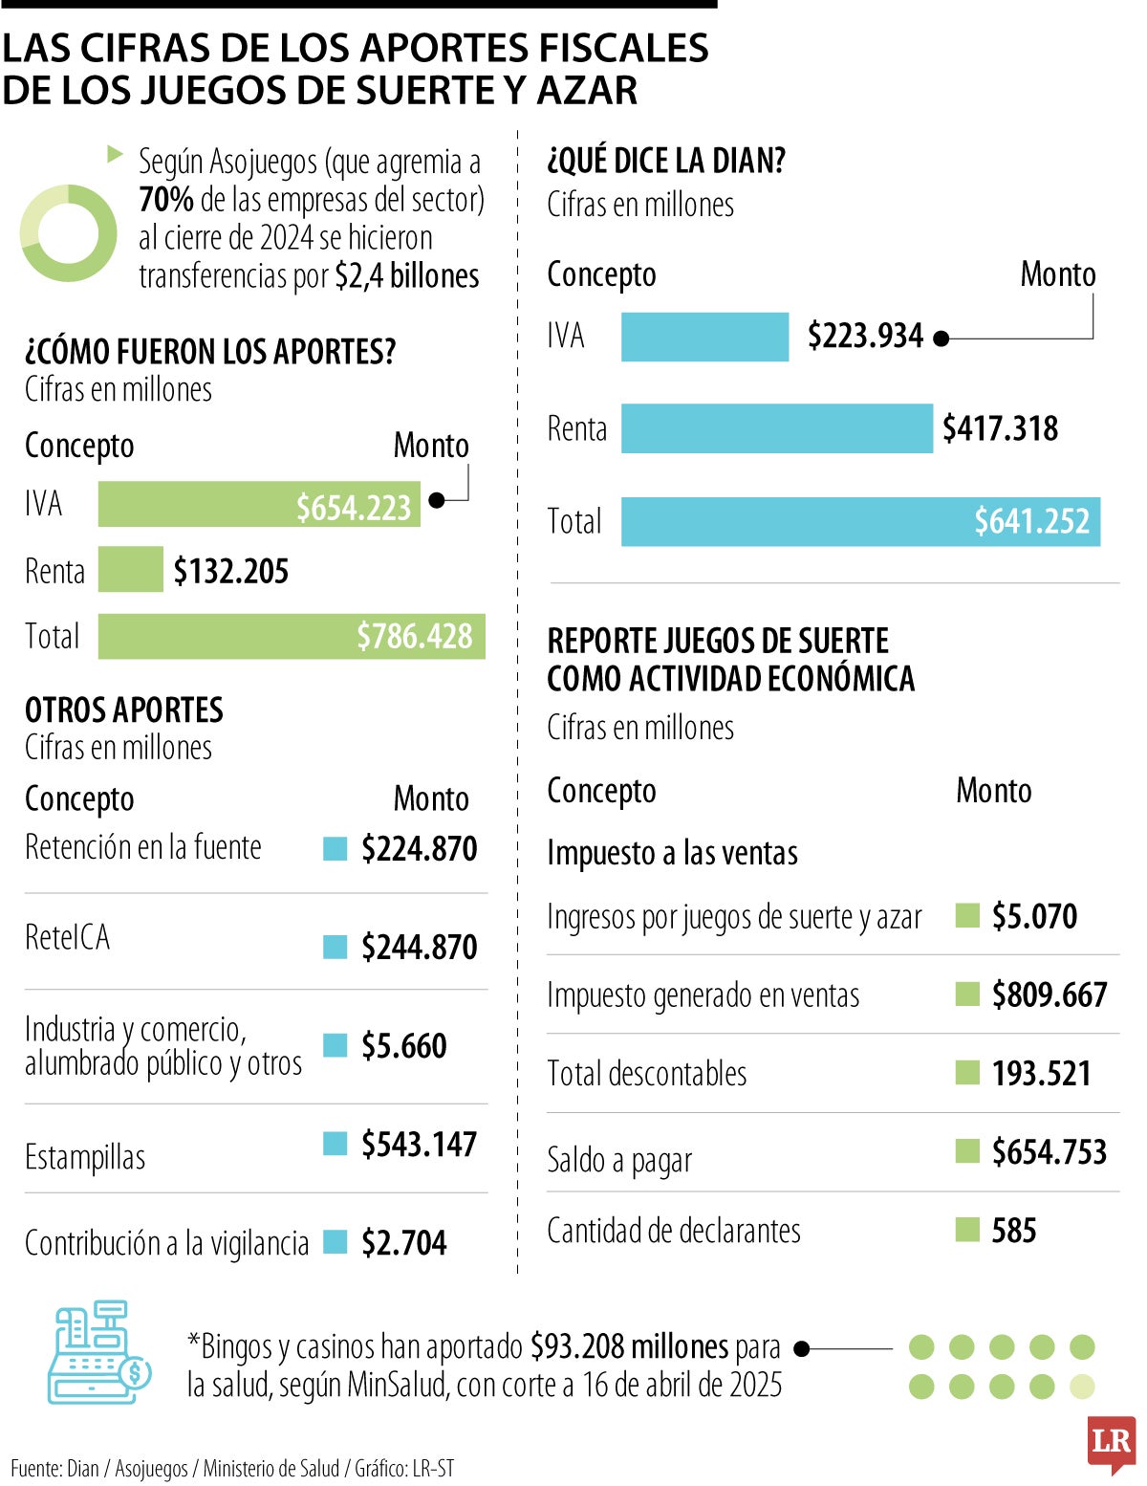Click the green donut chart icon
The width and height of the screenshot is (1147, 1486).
[68, 233]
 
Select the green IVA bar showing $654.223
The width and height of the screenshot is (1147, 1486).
[258, 505]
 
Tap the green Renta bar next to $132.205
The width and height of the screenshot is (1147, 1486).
[130, 570]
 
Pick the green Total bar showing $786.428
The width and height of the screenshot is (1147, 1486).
[292, 636]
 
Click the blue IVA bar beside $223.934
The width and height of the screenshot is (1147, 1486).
[704, 337]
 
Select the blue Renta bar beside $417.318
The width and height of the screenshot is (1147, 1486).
[776, 428]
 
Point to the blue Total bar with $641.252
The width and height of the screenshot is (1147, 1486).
[860, 522]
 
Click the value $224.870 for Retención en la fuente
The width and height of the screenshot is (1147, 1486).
[419, 848]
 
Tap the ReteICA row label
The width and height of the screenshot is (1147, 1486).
[67, 937]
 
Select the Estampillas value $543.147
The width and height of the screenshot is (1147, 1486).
[419, 1145]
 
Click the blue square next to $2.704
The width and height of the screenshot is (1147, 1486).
[335, 1242]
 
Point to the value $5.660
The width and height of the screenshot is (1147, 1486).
[403, 1046]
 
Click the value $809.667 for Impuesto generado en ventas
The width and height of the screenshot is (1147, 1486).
[1049, 995]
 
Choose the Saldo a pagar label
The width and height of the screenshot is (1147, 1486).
[618, 1160]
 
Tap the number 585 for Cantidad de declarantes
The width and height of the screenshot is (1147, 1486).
[1013, 1231]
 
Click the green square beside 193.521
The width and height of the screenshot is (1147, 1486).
[967, 1073]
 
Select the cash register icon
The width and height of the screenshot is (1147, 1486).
[98, 1352]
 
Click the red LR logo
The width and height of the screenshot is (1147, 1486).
[1111, 1442]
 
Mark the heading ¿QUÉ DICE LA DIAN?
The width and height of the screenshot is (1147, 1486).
[665, 161]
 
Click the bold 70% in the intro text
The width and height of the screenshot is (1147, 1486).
[165, 200]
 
